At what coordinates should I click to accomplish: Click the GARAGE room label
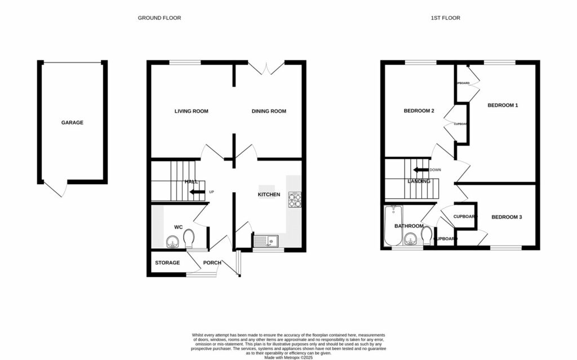point(72,122)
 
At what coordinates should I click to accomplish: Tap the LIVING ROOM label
point(191,111)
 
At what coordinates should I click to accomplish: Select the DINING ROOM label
point(269,111)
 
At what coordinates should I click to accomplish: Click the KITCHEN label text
point(269,194)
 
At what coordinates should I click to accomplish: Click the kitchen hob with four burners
point(295,199)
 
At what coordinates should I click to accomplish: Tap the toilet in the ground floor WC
point(190,237)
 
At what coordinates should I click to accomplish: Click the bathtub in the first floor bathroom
point(392,225)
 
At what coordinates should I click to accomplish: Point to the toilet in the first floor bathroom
point(428,234)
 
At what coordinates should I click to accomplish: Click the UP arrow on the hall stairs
point(197,192)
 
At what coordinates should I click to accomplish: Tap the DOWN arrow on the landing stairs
point(420,170)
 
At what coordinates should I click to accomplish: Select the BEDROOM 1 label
point(503,105)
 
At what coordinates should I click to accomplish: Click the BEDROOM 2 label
point(419,111)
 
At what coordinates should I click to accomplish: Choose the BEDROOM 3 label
point(506,217)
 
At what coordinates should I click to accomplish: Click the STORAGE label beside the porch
point(167,263)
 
